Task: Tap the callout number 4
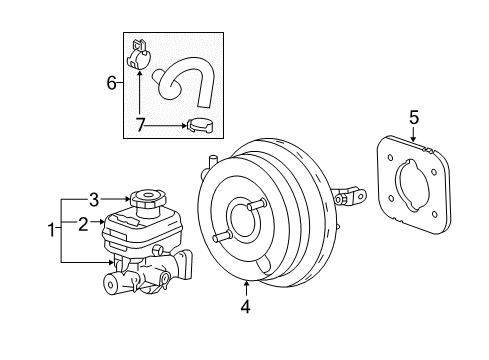click(x=246, y=308)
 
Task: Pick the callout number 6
click(x=112, y=83)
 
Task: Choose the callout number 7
click(x=140, y=126)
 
